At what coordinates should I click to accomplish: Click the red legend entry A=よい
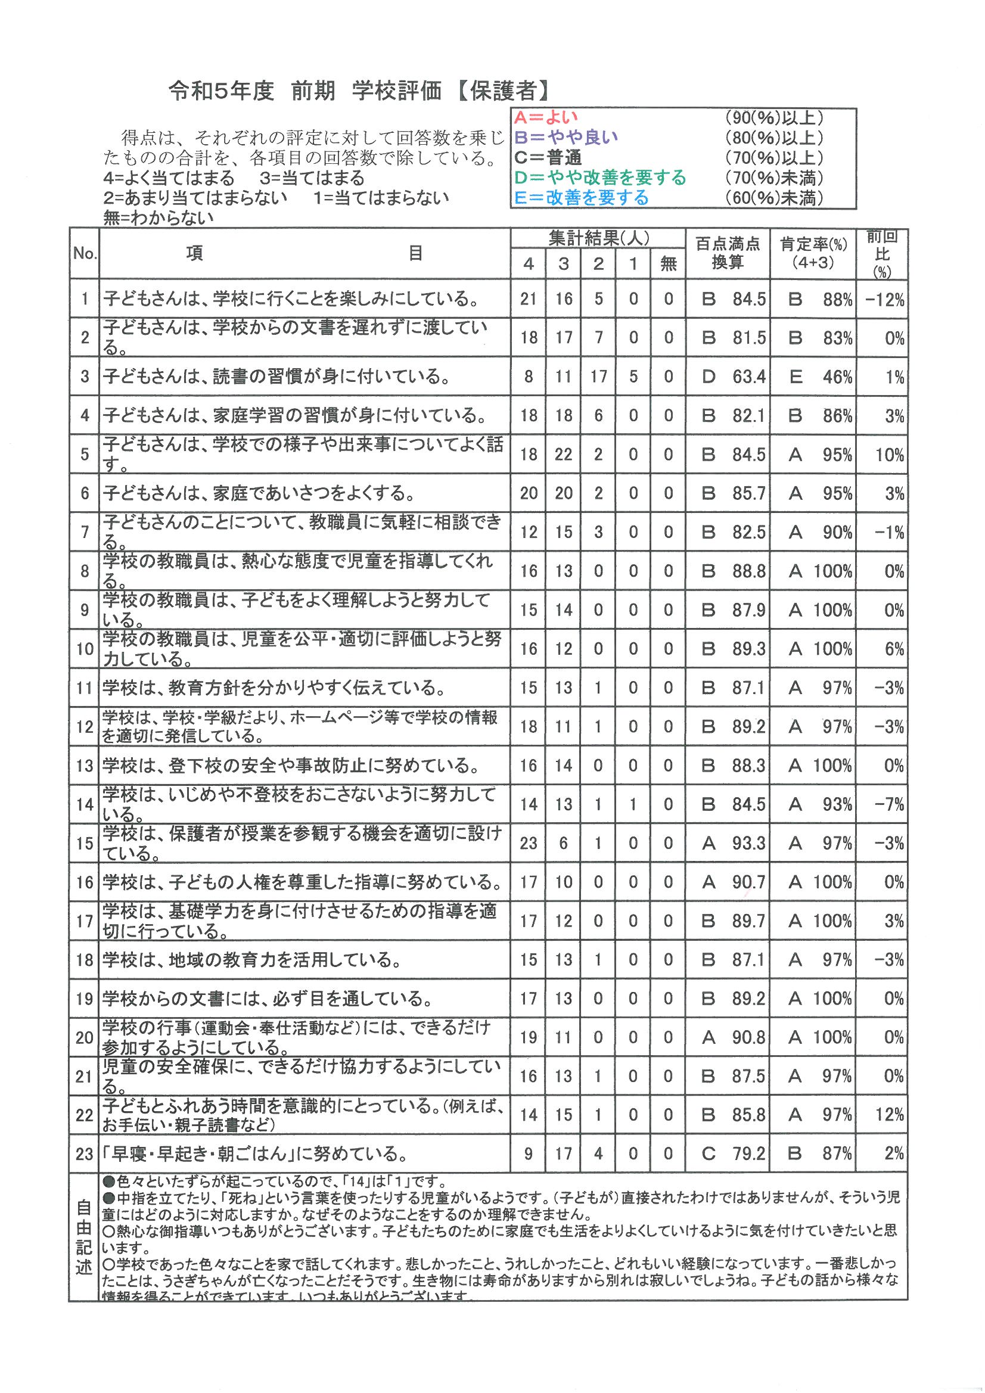[x=546, y=118]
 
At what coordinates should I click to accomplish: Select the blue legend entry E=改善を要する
[x=581, y=198]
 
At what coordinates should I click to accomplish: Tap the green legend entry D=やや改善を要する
[x=599, y=178]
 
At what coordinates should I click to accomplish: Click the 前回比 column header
[x=882, y=253]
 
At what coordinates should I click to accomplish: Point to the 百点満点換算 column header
[x=727, y=253]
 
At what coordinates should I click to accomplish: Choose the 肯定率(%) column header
[x=813, y=253]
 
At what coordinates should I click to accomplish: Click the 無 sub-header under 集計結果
[x=668, y=264]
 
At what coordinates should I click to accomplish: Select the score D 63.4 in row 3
[x=733, y=377]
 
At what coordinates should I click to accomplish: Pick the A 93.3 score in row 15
[x=733, y=843]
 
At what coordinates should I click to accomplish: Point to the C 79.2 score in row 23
[x=733, y=1153]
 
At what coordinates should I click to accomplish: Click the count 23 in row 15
[x=528, y=843]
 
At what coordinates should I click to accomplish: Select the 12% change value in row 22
[x=890, y=1114]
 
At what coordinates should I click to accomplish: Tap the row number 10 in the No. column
[x=85, y=649]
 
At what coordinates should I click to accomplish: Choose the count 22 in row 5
[x=563, y=455]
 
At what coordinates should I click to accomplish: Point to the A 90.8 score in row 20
[x=733, y=1037]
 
